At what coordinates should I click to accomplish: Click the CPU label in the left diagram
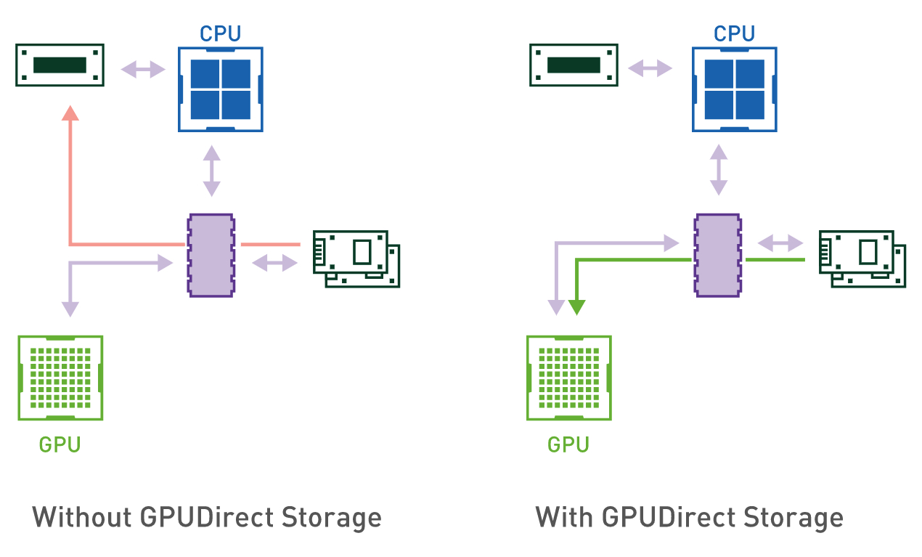pyautogui.click(x=220, y=33)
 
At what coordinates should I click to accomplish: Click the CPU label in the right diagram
pyautogui.click(x=734, y=33)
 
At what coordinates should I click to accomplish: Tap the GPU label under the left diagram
pyautogui.click(x=60, y=444)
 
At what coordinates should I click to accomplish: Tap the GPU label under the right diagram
pyautogui.click(x=568, y=444)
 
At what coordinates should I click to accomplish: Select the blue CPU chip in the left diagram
pyautogui.click(x=220, y=89)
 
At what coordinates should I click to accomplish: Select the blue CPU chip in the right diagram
pyautogui.click(x=734, y=89)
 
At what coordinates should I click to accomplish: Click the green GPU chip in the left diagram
pyautogui.click(x=60, y=378)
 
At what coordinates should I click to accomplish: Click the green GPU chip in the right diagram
pyautogui.click(x=568, y=378)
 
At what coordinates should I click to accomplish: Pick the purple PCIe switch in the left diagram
pyautogui.click(x=211, y=255)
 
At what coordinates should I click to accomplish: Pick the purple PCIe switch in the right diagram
pyautogui.click(x=718, y=255)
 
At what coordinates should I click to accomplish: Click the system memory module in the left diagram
pyautogui.click(x=60, y=65)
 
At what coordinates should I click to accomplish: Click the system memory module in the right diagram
pyautogui.click(x=574, y=65)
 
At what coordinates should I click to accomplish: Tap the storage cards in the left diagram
pyautogui.click(x=356, y=259)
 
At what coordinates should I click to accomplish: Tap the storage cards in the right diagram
pyautogui.click(x=862, y=259)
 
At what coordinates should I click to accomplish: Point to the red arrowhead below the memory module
pyautogui.click(x=70, y=113)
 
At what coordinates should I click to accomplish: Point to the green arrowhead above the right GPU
pyautogui.click(x=576, y=306)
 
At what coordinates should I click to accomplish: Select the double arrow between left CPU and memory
pyautogui.click(x=143, y=70)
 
